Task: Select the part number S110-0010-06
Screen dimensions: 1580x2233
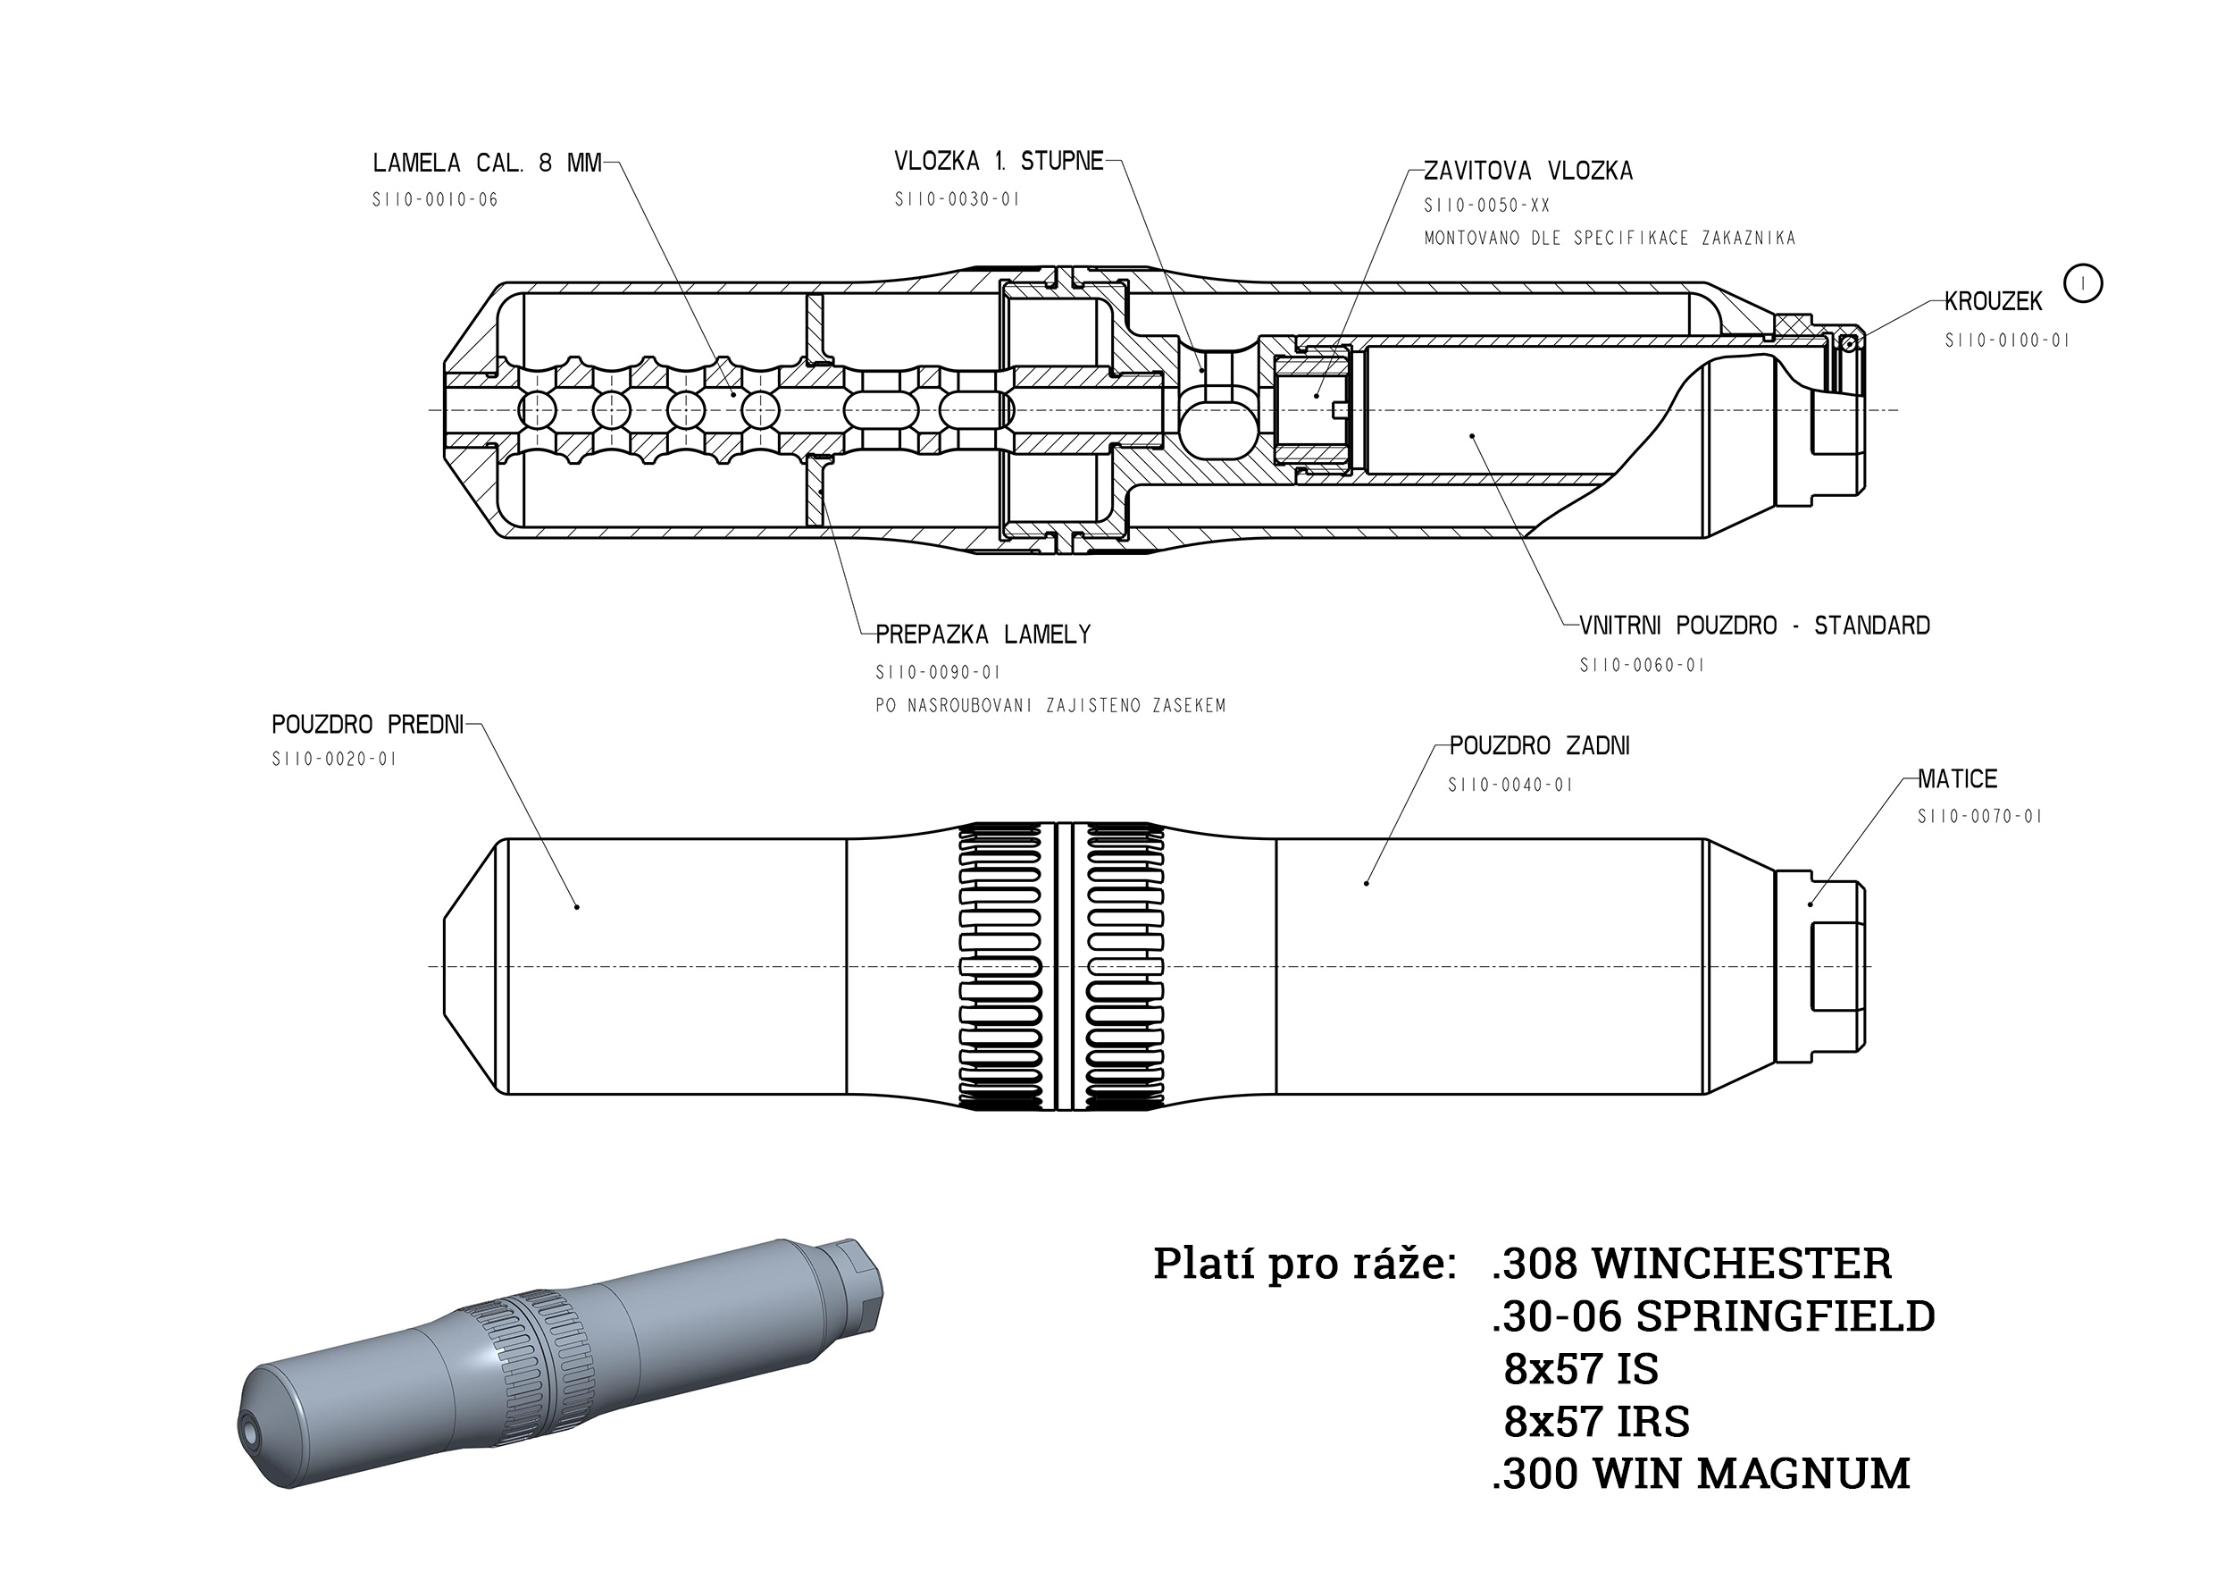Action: (x=435, y=199)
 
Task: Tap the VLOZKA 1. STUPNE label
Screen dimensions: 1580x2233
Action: (x=999, y=161)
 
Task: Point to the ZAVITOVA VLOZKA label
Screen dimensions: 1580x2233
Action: (x=1528, y=172)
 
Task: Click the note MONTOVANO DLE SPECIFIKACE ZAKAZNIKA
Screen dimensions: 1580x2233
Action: (x=1610, y=239)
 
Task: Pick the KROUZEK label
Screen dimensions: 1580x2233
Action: (x=1993, y=301)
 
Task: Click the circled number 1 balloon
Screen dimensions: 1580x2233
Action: (x=2082, y=283)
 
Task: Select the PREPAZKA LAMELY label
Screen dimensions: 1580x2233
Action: (x=983, y=635)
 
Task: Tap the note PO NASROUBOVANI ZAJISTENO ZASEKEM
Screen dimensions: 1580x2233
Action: (x=1050, y=705)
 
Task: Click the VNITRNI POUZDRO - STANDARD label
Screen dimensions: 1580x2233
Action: (x=1754, y=626)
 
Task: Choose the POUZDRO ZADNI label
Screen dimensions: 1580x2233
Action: (x=1540, y=746)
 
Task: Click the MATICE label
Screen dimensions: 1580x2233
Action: (x=1958, y=778)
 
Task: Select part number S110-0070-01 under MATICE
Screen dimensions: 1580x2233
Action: (x=1979, y=816)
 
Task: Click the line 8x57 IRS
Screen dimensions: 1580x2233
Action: (x=1596, y=1423)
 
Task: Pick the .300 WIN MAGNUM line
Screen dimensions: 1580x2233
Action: (x=1700, y=1474)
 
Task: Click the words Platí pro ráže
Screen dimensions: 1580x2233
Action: (x=1304, y=1264)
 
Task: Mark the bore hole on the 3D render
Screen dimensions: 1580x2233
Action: (x=251, y=1430)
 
